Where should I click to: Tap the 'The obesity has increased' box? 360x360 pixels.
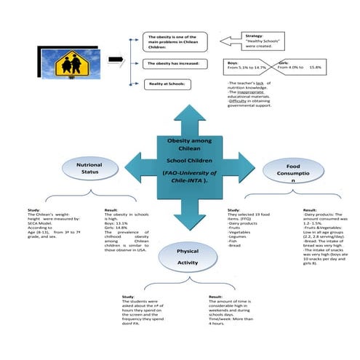175,64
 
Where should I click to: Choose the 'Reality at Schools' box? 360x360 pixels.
175,84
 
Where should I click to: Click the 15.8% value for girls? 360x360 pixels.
315,67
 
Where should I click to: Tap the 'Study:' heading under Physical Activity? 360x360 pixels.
128,296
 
